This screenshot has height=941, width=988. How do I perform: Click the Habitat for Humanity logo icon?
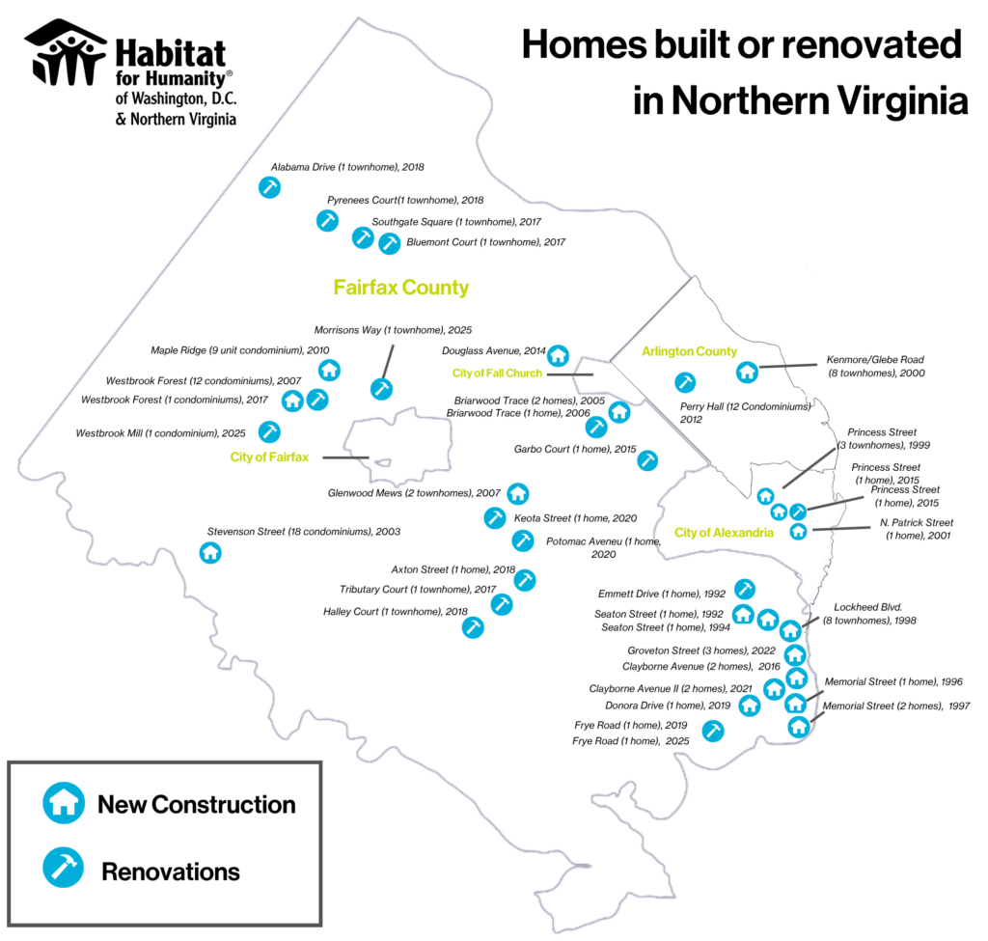[66, 53]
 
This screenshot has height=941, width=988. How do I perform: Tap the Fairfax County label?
[400, 288]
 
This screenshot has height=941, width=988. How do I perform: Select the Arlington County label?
[689, 351]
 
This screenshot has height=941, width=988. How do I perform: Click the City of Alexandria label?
[724, 533]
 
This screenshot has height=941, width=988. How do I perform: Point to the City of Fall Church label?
[497, 374]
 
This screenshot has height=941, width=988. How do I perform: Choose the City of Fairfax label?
[269, 457]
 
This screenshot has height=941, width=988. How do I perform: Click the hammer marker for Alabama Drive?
[270, 187]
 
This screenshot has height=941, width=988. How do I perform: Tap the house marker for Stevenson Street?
[210, 553]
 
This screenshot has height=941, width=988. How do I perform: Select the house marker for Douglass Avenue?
[558, 355]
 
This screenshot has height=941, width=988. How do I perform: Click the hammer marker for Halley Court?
[473, 627]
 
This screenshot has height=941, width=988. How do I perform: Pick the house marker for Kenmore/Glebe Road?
[748, 372]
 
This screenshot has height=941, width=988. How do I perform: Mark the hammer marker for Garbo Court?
[647, 460]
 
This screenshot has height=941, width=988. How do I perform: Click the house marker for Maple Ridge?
[330, 370]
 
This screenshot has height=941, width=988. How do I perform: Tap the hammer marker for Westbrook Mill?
[270, 431]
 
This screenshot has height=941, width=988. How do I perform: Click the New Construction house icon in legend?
[64, 803]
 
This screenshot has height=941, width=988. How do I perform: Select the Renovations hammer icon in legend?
[64, 868]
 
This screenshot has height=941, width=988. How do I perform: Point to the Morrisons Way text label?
[393, 330]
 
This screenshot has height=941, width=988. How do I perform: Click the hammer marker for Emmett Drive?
[745, 590]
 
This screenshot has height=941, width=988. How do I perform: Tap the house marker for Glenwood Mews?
[518, 493]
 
